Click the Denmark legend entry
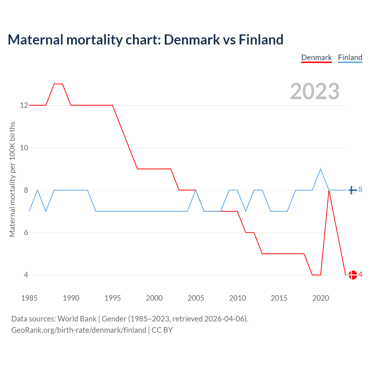[317, 58]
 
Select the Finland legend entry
[350, 58]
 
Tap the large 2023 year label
[315, 91]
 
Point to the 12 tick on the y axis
[24, 105]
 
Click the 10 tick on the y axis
[24, 148]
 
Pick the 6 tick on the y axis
[26, 233]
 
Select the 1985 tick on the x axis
[29, 298]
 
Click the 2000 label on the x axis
[154, 298]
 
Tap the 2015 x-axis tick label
[279, 298]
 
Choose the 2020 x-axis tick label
[321, 298]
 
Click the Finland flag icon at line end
[352, 190]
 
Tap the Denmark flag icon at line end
[353, 275]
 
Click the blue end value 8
[360, 190]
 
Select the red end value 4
[360, 274]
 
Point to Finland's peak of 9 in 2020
[321, 169]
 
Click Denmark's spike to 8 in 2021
[329, 190]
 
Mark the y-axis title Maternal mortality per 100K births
[12, 179]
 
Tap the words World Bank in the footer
[77, 319]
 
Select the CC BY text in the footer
[162, 330]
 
